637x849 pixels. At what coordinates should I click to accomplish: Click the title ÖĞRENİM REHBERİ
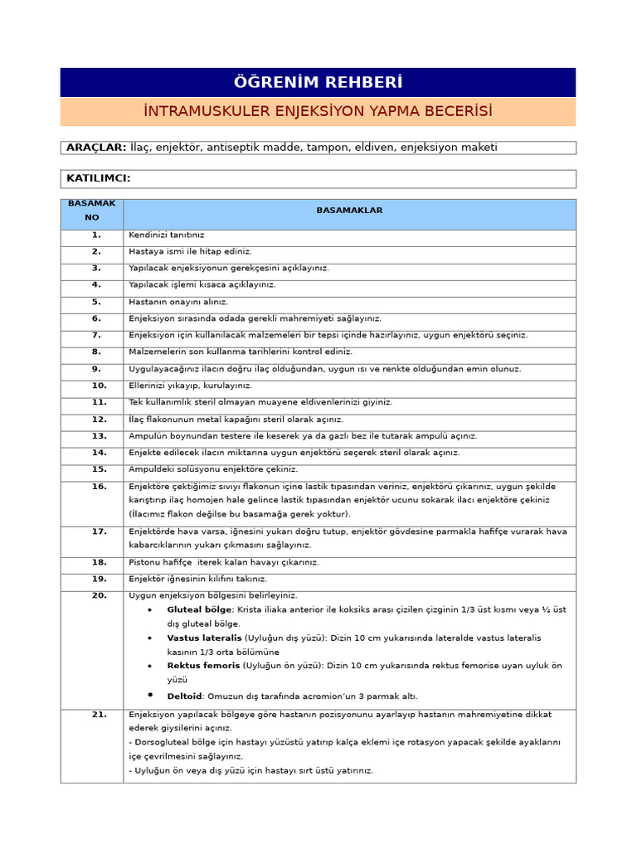click(x=318, y=83)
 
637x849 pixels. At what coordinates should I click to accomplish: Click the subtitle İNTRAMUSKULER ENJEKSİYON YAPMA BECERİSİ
click(x=318, y=111)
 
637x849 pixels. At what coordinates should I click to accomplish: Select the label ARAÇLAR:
click(x=96, y=148)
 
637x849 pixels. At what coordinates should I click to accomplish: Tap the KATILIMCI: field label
click(x=99, y=178)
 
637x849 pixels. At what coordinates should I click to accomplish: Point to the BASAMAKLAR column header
click(x=349, y=211)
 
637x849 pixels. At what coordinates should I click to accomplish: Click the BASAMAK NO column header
click(x=92, y=211)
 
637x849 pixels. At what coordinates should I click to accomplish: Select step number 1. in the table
click(x=96, y=235)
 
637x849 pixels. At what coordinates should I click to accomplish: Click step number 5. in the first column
click(x=96, y=302)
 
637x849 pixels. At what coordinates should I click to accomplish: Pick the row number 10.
click(x=99, y=386)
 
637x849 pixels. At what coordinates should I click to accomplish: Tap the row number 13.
click(x=99, y=436)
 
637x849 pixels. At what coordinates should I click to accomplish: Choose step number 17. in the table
click(x=99, y=531)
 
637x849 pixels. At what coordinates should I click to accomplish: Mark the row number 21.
click(x=99, y=715)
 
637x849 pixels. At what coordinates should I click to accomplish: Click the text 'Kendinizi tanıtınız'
click(x=167, y=235)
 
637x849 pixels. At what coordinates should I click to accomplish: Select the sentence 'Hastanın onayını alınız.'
click(x=178, y=302)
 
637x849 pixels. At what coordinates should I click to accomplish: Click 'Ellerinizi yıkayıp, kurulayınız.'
click(x=191, y=386)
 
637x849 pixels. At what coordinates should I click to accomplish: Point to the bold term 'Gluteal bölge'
click(x=199, y=609)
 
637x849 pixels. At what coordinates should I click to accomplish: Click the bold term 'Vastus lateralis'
click(x=204, y=638)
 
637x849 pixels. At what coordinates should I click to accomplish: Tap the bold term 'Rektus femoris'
click(x=203, y=666)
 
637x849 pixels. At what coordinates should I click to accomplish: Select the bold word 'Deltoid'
click(x=184, y=696)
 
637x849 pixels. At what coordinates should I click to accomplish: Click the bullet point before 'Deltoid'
click(x=150, y=695)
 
